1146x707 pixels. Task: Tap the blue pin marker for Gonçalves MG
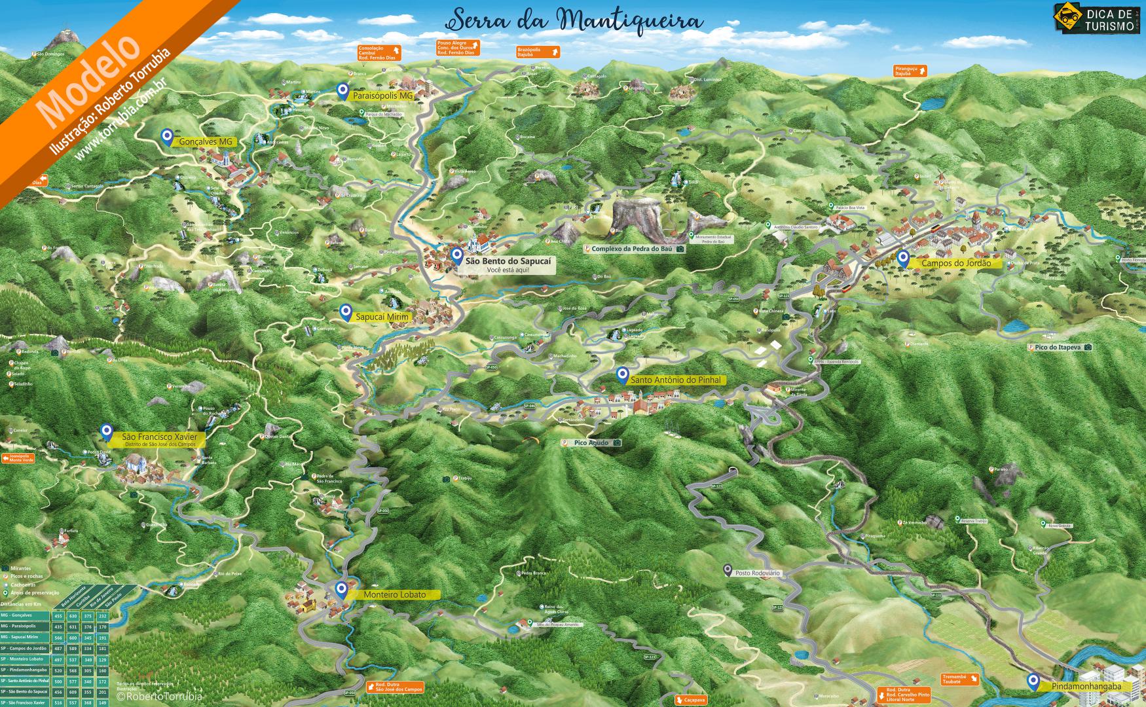[167, 137]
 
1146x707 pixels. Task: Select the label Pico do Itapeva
[1058, 347]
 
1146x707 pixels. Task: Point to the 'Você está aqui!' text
[508, 270]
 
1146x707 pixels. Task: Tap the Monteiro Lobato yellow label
[394, 594]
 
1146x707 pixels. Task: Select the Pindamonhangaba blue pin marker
[1033, 681]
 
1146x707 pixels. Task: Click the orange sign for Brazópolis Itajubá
[538, 52]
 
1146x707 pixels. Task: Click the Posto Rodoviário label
[757, 573]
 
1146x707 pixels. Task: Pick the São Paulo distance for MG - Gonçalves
[103, 616]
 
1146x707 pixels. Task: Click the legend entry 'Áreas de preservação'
[25, 592]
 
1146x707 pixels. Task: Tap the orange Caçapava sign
[693, 700]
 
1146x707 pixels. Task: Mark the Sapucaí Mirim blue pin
[344, 312]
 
